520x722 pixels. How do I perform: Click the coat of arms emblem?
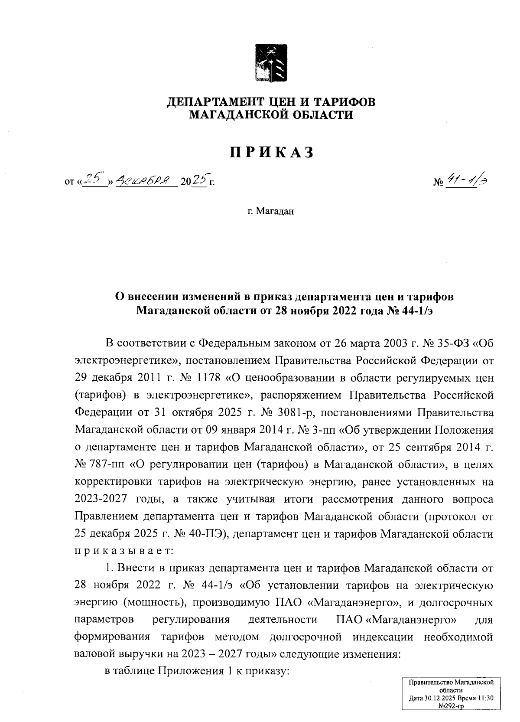tap(270, 63)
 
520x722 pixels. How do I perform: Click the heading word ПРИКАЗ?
tap(271, 153)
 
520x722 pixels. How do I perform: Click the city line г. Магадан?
tap(271, 212)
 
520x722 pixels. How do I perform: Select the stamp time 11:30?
tap(485, 699)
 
